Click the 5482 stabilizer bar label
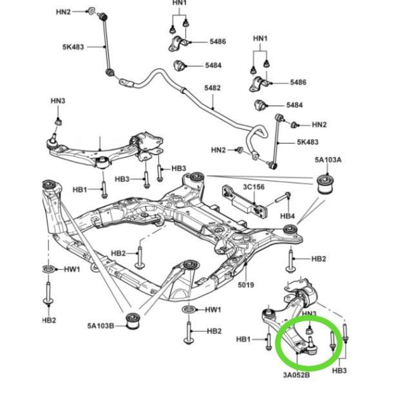[212, 88]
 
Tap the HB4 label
[288, 216]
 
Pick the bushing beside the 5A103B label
[134, 320]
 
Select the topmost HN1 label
[179, 4]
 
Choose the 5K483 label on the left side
[73, 46]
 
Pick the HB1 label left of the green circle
[243, 339]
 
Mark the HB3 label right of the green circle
[341, 371]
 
